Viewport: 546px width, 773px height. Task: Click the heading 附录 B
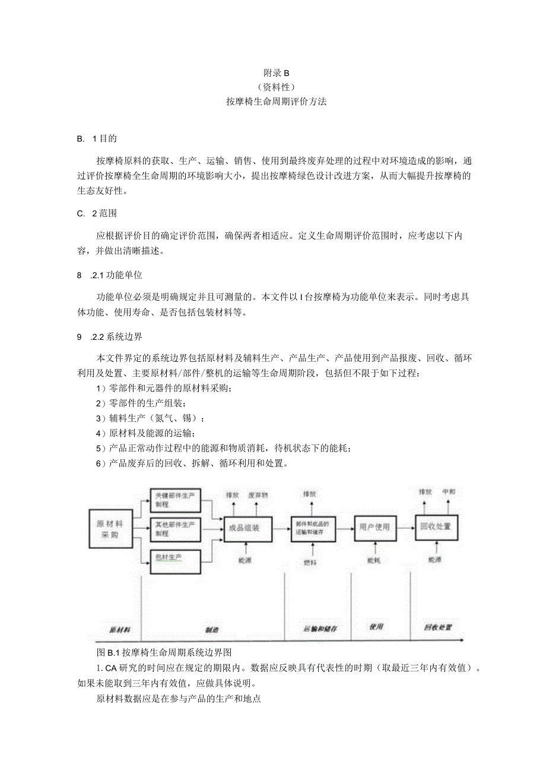click(275, 73)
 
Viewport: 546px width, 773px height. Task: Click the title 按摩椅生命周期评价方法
click(276, 102)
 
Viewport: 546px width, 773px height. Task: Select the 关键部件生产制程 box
click(175, 500)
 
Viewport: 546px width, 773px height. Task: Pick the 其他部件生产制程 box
click(175, 528)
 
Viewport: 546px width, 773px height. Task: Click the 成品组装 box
click(247, 527)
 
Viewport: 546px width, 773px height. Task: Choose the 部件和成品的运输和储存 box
click(313, 527)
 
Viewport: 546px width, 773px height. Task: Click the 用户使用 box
click(374, 527)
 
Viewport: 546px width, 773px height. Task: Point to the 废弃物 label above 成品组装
click(258, 494)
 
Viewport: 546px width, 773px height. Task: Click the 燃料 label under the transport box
click(310, 562)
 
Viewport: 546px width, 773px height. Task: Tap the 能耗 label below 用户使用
click(374, 560)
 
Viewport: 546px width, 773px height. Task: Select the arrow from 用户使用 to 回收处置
click(405, 527)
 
